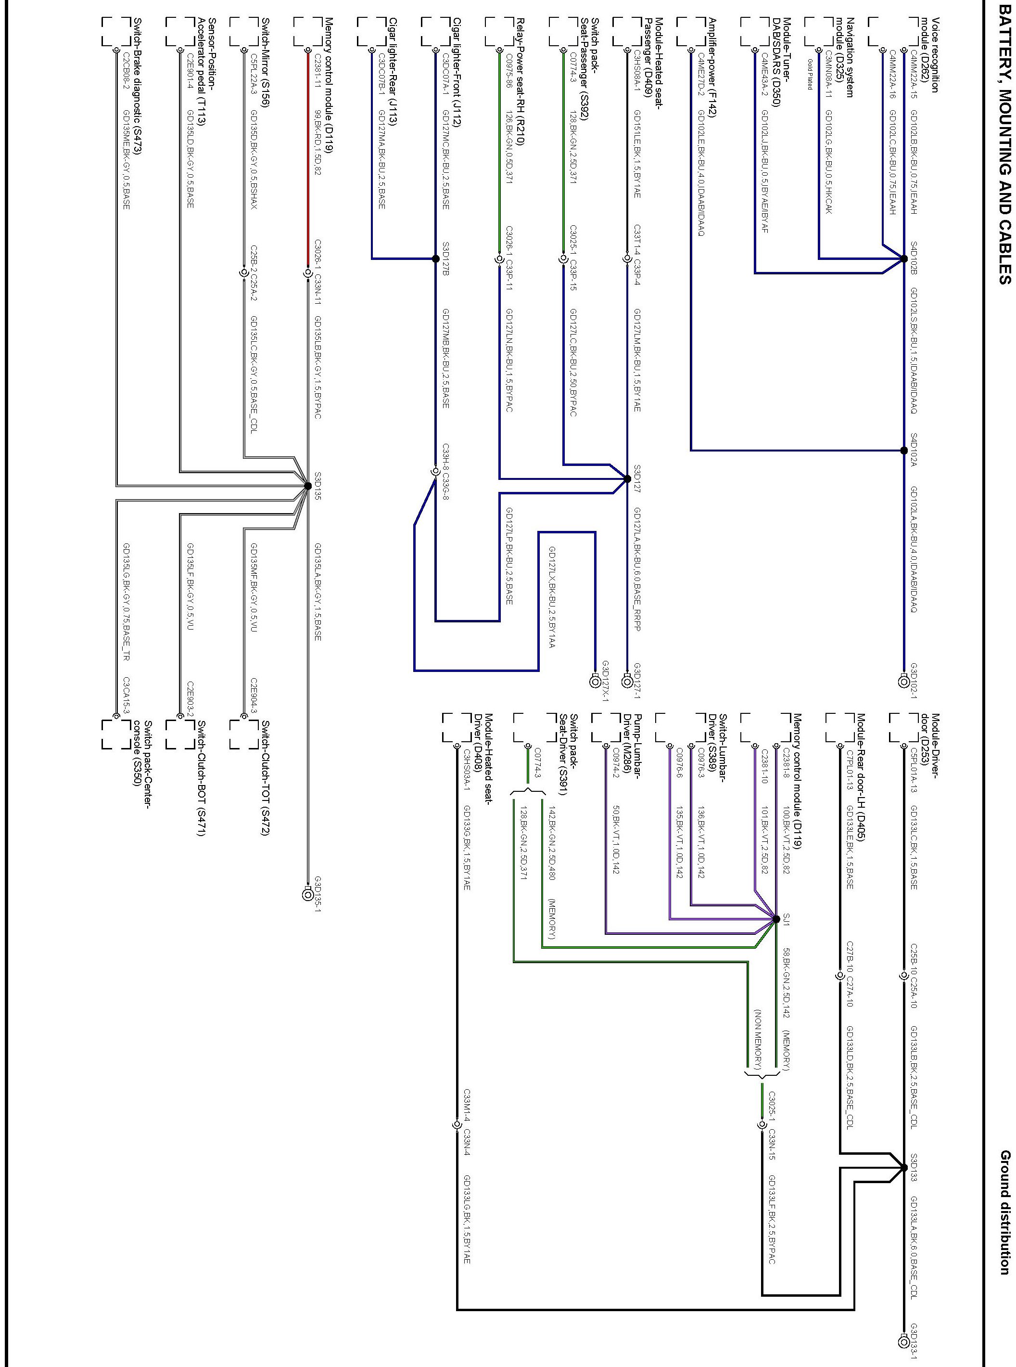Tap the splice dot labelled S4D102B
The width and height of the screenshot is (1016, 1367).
903,259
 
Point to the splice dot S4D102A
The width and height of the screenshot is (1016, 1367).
903,451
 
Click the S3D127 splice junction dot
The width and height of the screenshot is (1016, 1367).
627,478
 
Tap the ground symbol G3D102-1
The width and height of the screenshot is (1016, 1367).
903,681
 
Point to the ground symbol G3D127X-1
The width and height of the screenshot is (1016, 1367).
594,681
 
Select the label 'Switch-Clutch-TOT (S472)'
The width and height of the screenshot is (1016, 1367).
265,778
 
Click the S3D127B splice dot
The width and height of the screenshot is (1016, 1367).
435,259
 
